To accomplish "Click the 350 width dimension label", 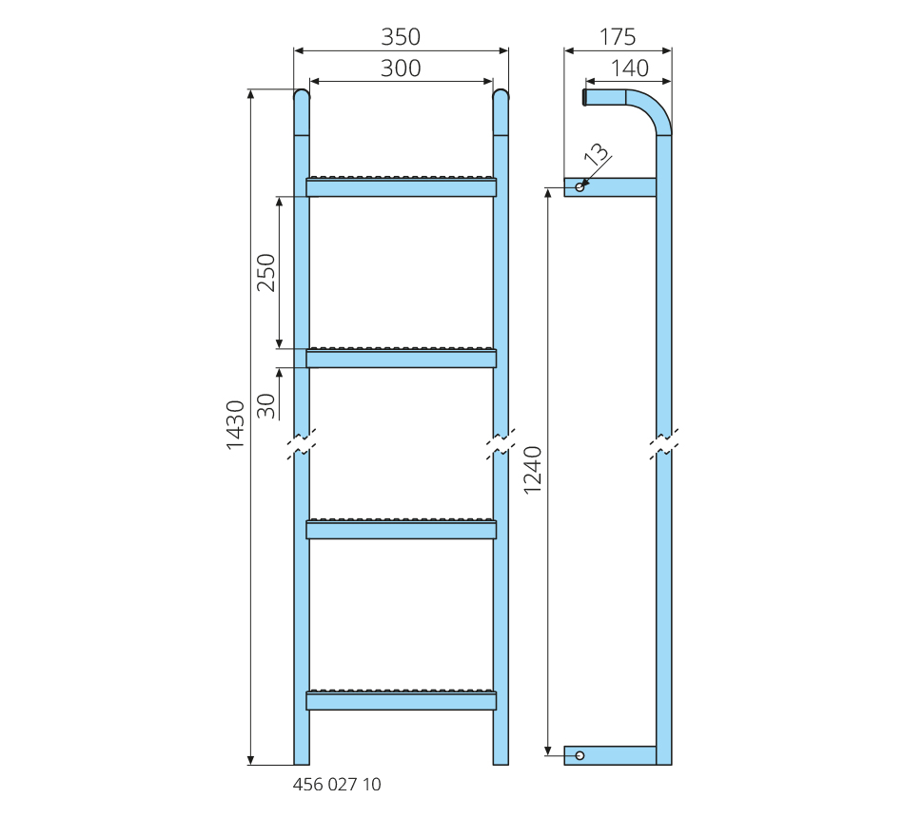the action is [x=401, y=37].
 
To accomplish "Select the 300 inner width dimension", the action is [x=401, y=68].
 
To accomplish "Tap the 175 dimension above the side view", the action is [x=618, y=37].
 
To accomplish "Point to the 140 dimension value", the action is [x=630, y=68].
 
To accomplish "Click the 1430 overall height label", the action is [x=235, y=425].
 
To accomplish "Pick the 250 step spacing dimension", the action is [x=265, y=273].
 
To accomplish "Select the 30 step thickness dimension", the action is [x=265, y=406].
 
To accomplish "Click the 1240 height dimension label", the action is [x=532, y=471].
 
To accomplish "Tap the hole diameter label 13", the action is [x=596, y=154].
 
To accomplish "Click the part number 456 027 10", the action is [x=337, y=785].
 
